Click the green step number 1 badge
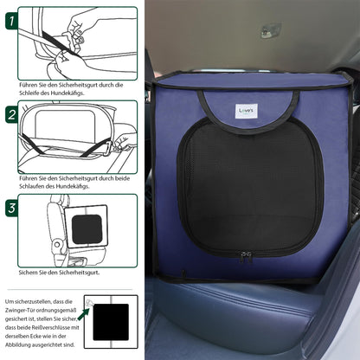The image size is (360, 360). pyautogui.click(x=11, y=21)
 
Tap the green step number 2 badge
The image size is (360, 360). pyautogui.click(x=11, y=115)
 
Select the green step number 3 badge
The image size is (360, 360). pyautogui.click(x=11, y=209)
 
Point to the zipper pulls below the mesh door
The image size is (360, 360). pyautogui.click(x=246, y=257)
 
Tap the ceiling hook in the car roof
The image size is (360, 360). pyautogui.click(x=270, y=31)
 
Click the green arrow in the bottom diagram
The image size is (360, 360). pyautogui.click(x=83, y=313)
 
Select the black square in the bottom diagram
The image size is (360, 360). pyautogui.click(x=111, y=322)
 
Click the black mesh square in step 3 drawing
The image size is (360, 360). pyautogui.click(x=87, y=229)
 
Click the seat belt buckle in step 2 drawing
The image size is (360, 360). pyautogui.click(x=107, y=149)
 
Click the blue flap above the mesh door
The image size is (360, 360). pyautogui.click(x=248, y=108)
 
